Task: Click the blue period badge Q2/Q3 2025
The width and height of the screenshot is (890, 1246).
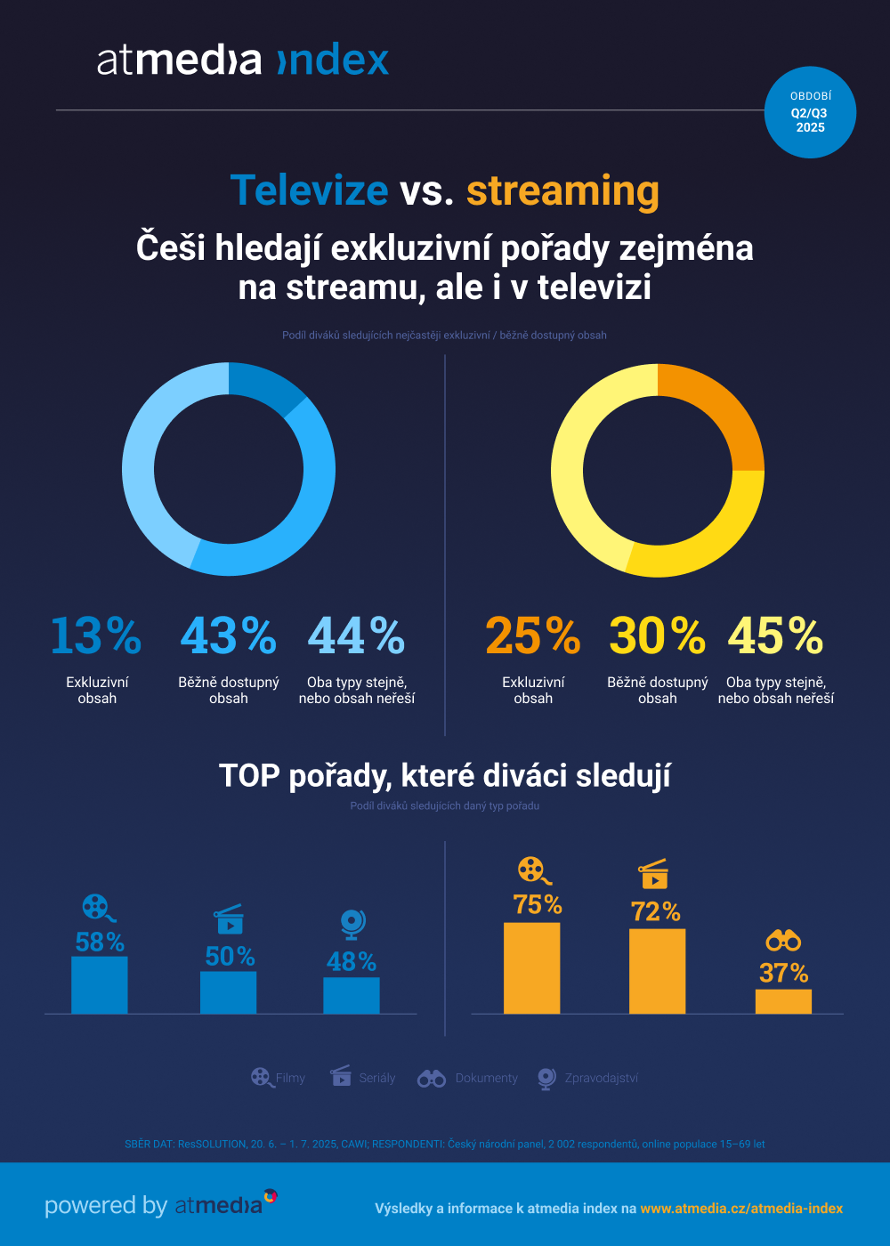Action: click(810, 113)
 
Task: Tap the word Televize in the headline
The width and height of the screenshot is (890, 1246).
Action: click(309, 190)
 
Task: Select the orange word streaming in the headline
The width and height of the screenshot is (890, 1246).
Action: click(562, 190)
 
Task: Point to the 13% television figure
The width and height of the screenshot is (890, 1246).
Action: click(96, 635)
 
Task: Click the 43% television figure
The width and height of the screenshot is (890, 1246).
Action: click(228, 635)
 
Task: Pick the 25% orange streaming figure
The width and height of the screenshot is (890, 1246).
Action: click(532, 635)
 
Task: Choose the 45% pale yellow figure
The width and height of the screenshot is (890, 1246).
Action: click(775, 635)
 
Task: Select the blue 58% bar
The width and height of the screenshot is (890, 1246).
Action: click(100, 985)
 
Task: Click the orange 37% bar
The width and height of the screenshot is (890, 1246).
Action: click(783, 1001)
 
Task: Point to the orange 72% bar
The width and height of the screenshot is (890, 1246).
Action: click(657, 971)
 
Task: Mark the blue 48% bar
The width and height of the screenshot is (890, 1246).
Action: click(351, 995)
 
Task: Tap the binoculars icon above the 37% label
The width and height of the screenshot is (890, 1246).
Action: click(783, 940)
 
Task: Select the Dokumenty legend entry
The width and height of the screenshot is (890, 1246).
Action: click(469, 1078)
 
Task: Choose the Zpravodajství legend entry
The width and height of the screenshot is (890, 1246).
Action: click(588, 1078)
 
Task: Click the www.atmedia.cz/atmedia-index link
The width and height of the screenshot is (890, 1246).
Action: click(741, 1208)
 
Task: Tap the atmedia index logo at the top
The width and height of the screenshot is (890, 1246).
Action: click(243, 61)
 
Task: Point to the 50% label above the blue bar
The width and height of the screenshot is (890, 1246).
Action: click(230, 956)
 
